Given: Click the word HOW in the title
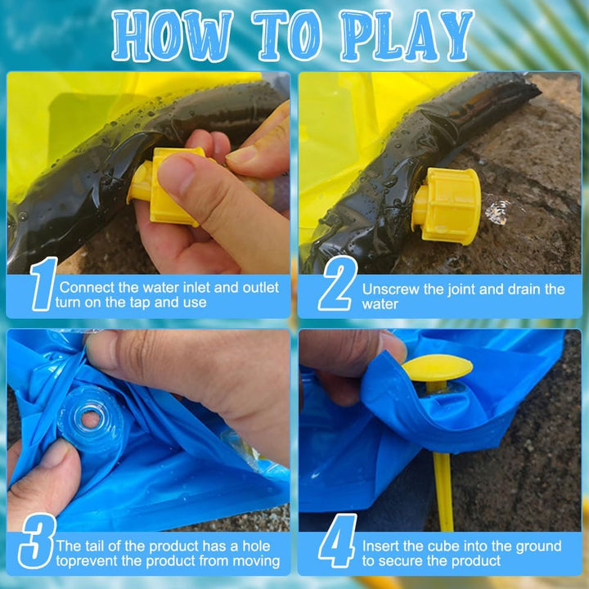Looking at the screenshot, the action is pyautogui.click(x=172, y=36).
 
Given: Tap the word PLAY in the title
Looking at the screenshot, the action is pyautogui.click(x=407, y=36).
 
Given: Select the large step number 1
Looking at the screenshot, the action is pyautogui.click(x=44, y=284).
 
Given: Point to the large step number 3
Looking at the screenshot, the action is pyautogui.click(x=38, y=541).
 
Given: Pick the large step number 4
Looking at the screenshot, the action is pyautogui.click(x=337, y=541).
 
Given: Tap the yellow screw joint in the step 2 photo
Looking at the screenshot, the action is pyautogui.click(x=447, y=205).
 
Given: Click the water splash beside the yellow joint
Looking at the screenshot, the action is pyautogui.click(x=497, y=212).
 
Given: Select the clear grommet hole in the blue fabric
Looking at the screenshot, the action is pyautogui.click(x=90, y=419).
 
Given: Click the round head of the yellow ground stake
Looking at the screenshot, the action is pyautogui.click(x=437, y=368).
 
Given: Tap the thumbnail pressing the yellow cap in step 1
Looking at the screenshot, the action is pyautogui.click(x=177, y=174).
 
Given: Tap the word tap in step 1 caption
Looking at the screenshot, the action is pyautogui.click(x=140, y=303).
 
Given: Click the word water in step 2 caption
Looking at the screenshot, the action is pyautogui.click(x=380, y=304).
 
